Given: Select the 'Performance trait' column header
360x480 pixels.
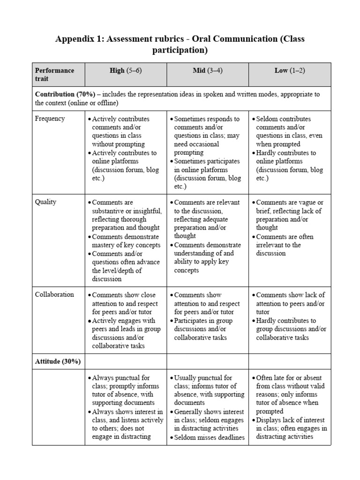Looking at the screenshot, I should point(54,75).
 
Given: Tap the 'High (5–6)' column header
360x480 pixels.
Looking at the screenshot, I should point(125,70).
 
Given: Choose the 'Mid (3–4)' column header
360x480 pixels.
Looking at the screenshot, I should point(207,70).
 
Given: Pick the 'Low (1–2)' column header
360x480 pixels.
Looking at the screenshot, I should point(289,70).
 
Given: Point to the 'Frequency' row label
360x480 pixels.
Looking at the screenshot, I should point(50,119).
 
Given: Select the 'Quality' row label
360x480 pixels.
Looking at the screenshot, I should point(45,202).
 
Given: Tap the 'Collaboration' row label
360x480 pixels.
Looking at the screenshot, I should point(54,295).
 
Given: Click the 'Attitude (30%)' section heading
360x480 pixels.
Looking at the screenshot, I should point(58,361).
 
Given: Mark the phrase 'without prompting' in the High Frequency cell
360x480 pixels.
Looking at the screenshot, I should point(118,144).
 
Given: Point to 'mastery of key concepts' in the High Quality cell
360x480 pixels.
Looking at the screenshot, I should point(126,245).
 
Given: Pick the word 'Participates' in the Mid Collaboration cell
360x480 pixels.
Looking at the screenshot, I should point(193,321).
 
